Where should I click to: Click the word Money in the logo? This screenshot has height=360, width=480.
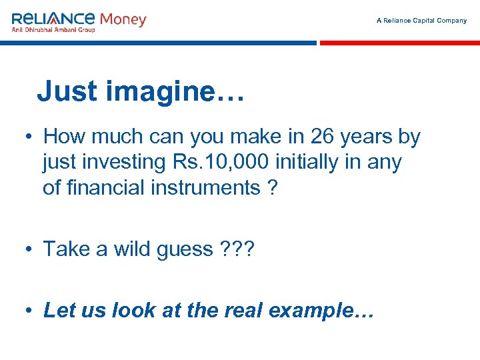122,19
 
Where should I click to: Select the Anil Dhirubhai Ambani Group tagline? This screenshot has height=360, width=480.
53,29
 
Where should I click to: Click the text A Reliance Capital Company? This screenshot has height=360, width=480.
421,21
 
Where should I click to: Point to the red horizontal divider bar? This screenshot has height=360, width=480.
399,43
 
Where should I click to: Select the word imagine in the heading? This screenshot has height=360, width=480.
159,92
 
